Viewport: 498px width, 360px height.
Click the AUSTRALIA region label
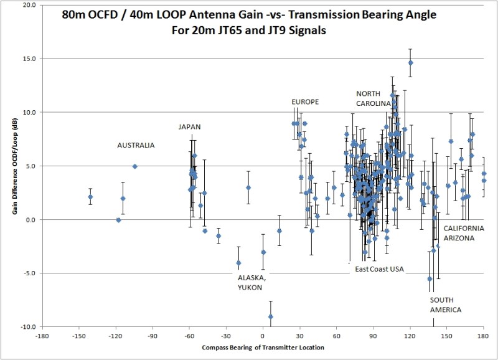coord(136,145)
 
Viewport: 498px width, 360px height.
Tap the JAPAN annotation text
coord(190,126)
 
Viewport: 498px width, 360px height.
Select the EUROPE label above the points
coord(305,102)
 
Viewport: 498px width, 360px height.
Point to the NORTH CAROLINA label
coord(373,98)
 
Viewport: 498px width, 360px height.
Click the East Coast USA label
coord(380,269)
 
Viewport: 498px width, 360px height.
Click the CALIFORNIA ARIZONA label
coord(463,233)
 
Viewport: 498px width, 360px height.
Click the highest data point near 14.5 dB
coord(410,63)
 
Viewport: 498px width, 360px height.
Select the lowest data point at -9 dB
coord(270,316)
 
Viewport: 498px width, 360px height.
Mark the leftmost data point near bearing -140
coord(90,197)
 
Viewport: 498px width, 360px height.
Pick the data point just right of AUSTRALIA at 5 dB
coord(134,166)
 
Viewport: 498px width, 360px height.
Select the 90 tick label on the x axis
coord(374,335)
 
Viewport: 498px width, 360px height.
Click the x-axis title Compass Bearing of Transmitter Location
coord(263,347)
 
